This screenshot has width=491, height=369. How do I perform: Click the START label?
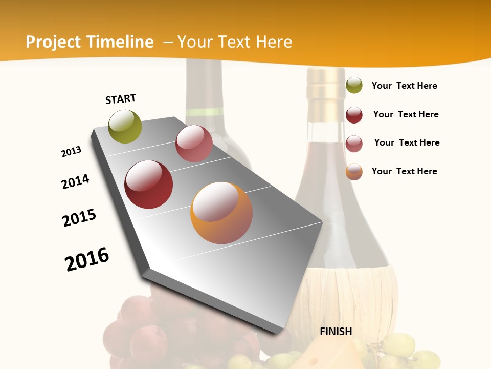121,99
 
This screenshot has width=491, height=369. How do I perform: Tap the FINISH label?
336,332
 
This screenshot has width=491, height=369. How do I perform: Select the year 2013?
71,152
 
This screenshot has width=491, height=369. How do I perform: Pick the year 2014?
75,181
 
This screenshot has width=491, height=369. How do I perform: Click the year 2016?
87,259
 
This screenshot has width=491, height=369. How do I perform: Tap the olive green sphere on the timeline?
125,127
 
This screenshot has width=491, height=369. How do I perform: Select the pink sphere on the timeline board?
194,143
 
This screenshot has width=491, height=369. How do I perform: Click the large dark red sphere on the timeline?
149,184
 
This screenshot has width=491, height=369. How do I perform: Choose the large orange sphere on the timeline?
221,213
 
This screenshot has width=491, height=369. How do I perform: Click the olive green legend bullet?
354,85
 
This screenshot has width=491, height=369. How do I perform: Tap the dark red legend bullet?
354,115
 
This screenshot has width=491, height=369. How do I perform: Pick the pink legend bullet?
354,143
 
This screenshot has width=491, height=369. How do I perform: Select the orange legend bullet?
354,172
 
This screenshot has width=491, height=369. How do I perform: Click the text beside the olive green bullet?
404,86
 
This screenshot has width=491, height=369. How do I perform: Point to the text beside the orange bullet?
404,171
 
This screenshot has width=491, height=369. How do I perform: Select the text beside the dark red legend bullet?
406,114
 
